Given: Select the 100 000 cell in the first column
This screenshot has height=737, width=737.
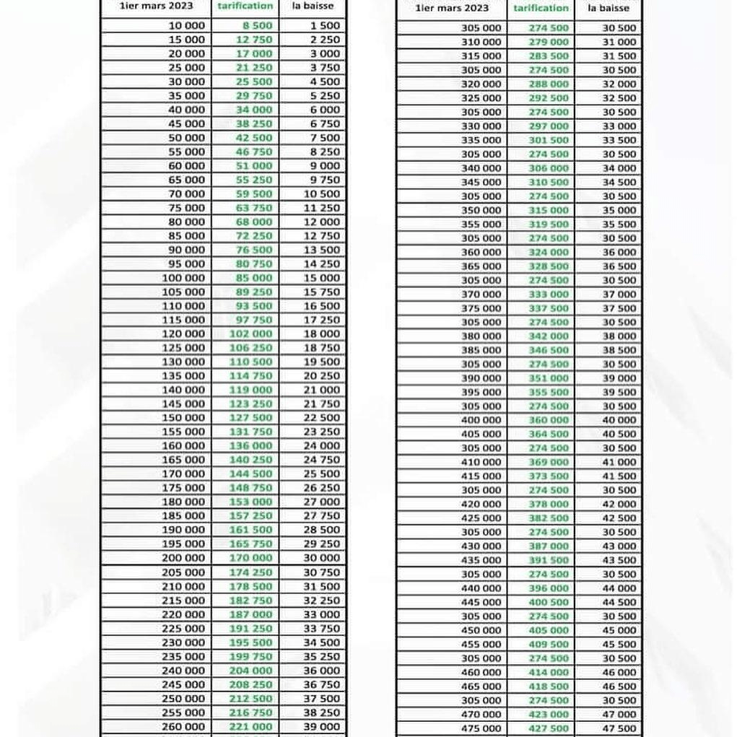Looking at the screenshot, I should pos(183,278).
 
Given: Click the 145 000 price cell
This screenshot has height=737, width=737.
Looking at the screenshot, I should pos(183,404).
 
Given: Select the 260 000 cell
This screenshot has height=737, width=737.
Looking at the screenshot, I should pos(183,727).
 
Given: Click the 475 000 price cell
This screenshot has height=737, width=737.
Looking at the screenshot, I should pos(480,728).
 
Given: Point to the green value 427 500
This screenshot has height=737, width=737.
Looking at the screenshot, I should pos(548,728).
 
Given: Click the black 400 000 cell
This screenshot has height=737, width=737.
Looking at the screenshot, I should pos(480,420).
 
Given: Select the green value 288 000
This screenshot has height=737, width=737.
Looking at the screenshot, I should pos(548,84).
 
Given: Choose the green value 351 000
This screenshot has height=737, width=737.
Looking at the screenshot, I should pos(548,378).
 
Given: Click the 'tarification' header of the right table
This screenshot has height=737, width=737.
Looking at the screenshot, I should pos(541,8).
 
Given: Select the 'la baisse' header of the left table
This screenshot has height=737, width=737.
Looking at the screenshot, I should pos(313,6).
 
